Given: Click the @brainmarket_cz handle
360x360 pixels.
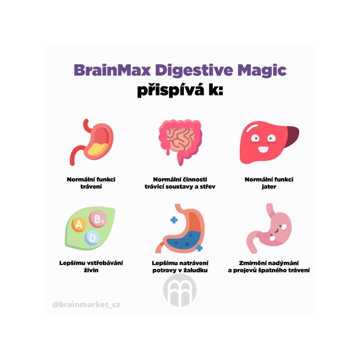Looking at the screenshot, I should coord(86,305).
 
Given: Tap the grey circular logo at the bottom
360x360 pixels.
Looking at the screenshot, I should coord(180,290).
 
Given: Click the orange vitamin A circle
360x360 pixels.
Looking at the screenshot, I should coord(79,225).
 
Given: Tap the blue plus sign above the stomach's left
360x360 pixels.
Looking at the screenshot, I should coord(174,220).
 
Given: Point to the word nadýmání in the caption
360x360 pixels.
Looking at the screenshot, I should coord(283,263).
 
